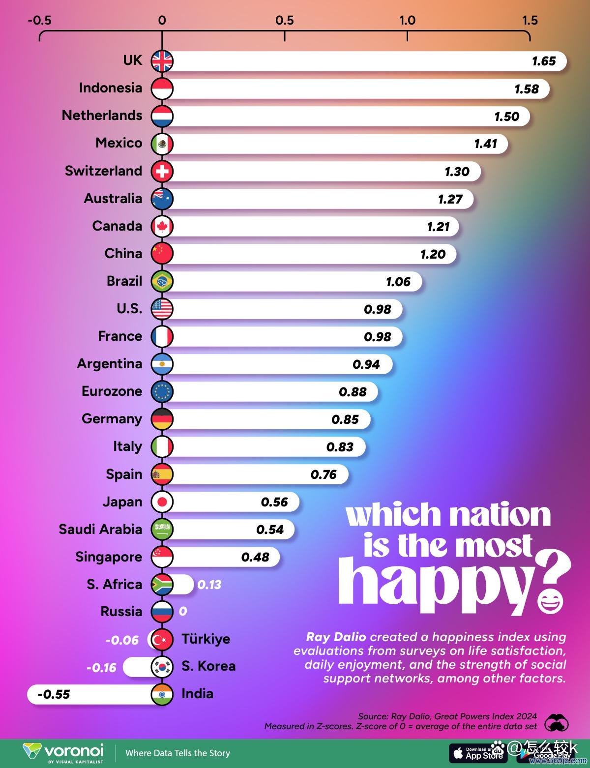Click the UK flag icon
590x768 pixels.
[162, 61]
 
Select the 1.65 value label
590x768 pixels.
[544, 61]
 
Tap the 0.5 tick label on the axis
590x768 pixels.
[284, 20]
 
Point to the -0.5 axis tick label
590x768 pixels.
[39, 20]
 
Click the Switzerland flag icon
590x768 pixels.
[162, 171]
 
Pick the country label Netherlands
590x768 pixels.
[102, 116]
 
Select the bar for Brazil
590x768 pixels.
[295, 282]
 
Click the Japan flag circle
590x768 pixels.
[162, 502]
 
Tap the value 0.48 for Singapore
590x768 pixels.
[255, 557]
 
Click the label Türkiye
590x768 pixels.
[206, 639]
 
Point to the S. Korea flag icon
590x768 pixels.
[162, 667]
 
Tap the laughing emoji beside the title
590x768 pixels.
[550, 601]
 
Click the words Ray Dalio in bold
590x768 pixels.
[336, 637]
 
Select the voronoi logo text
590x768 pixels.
[74, 751]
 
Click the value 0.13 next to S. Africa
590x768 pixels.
[209, 585]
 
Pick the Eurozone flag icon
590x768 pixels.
[162, 391]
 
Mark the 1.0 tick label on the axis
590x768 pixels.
[407, 20]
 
